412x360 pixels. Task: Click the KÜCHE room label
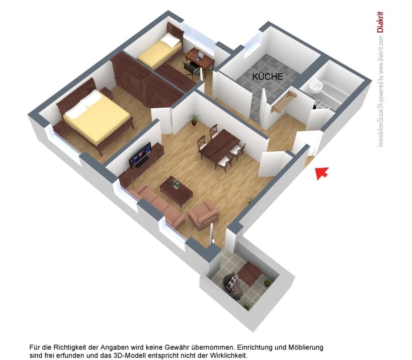[x=267, y=76]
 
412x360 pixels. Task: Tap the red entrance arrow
[x=322, y=173]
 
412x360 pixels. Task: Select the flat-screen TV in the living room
[x=140, y=155]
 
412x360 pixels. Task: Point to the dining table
[x=219, y=145]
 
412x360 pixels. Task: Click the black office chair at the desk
[x=191, y=68]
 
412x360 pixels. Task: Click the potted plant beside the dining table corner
[x=194, y=119]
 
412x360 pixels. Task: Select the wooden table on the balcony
[x=250, y=273]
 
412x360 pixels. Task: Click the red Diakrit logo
[x=380, y=22]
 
